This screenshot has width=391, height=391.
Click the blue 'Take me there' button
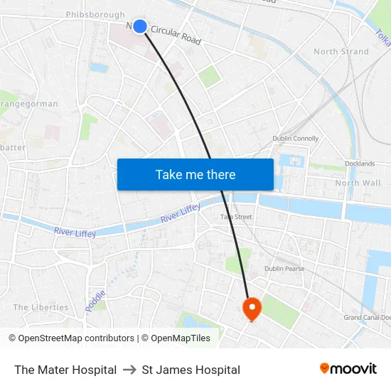pyautogui.click(x=195, y=174)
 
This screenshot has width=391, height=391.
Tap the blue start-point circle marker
pyautogui.click(x=140, y=26)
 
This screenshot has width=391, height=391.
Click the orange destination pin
pyautogui.click(x=252, y=309)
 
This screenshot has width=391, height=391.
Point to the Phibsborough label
pyautogui.click(x=95, y=14)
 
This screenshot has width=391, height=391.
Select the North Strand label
pyautogui.click(x=341, y=52)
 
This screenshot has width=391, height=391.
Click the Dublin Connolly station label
pyautogui.click(x=296, y=139)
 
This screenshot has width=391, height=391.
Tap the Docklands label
pyautogui.click(x=360, y=164)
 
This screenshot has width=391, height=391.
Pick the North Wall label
pyautogui.click(x=358, y=183)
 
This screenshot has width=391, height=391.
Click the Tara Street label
pyautogui.click(x=236, y=217)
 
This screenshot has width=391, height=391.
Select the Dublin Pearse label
pyautogui.click(x=284, y=269)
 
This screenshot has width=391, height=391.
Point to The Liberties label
pyautogui.click(x=41, y=308)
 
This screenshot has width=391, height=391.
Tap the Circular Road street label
pyautogui.click(x=176, y=34)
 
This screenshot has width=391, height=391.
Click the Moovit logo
pyautogui.click(x=348, y=369)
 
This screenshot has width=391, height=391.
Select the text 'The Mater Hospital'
pyautogui.click(x=65, y=370)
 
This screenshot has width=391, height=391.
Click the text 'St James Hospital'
pyautogui.click(x=191, y=370)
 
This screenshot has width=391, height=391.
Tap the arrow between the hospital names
pyautogui.click(x=129, y=370)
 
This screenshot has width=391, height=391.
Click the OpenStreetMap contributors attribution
pyautogui.click(x=72, y=338)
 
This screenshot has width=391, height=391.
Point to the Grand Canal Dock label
pyautogui.click(x=367, y=318)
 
